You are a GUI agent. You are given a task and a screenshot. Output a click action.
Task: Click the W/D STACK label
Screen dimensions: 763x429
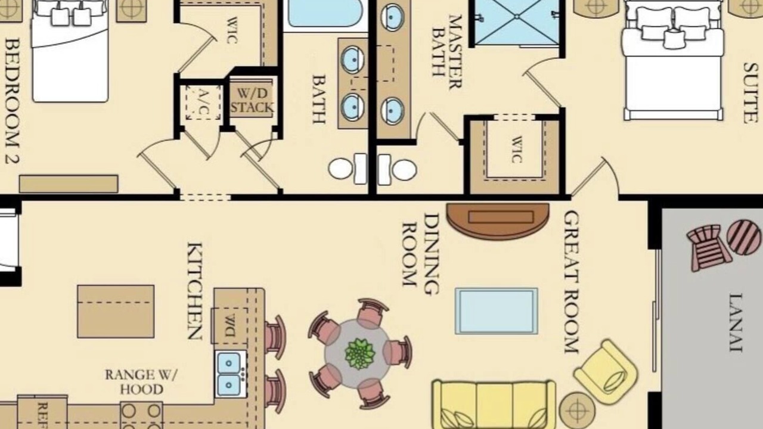252,101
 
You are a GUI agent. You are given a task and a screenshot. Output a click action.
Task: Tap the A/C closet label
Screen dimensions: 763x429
203,102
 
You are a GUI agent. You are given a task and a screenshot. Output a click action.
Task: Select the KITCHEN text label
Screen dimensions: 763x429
195,291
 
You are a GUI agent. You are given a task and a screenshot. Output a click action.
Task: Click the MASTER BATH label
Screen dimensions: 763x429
447,51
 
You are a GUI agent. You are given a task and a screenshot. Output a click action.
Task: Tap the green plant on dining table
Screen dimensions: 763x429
359,354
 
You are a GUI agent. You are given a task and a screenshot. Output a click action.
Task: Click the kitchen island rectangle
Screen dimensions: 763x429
116,312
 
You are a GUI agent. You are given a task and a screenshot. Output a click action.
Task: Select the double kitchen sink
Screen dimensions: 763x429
231,374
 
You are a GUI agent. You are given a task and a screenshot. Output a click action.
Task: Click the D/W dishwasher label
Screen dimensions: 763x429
230,326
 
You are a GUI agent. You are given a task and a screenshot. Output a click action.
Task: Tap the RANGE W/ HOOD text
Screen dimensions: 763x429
141,382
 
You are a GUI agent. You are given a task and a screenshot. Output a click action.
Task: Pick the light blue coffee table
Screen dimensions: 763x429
497,311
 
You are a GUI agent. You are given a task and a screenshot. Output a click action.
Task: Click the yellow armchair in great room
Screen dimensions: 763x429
606,372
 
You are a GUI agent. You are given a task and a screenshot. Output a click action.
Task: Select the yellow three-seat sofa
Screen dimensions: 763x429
494,405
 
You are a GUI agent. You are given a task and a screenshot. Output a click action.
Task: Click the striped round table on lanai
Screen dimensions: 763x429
744,237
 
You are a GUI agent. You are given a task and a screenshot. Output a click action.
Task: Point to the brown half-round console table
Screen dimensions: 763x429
498,221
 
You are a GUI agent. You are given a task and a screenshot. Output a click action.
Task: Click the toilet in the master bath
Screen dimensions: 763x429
397,170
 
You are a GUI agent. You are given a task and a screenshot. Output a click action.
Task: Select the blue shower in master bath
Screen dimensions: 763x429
517,23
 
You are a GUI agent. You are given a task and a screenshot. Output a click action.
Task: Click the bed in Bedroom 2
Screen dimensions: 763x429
70,51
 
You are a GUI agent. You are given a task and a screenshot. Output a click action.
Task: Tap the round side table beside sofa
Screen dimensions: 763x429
578,411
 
